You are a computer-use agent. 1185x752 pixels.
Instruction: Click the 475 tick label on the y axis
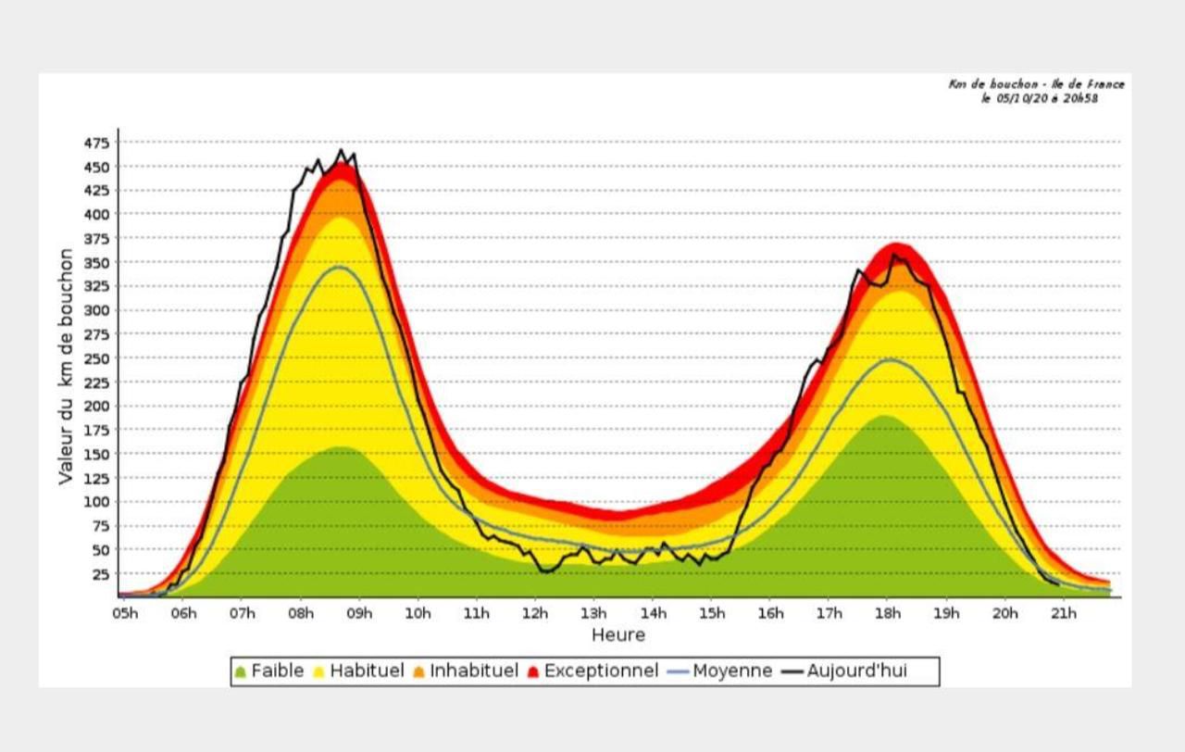coord(97,143)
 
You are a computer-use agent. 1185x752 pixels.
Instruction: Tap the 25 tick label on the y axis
coord(101,574)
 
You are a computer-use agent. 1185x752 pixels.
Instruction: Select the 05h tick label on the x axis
coord(125,613)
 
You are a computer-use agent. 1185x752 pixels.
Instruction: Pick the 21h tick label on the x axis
coord(1064,613)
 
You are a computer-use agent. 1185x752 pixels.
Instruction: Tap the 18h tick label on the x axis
coord(888,613)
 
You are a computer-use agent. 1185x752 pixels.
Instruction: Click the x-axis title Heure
coord(618,635)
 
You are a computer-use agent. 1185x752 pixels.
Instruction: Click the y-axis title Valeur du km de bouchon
coord(66,366)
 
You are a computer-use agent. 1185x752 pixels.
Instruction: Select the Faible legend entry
coord(269,671)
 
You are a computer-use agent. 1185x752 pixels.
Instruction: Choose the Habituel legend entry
coord(358,671)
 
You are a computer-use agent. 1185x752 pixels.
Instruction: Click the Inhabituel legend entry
coord(466,671)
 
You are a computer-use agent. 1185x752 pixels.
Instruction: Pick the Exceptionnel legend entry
coord(593,671)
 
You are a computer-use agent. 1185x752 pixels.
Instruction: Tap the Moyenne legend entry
coord(720,671)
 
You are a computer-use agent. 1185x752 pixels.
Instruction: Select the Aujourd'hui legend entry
coord(844,671)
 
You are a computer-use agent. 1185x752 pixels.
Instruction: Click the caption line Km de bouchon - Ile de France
coord(1036,84)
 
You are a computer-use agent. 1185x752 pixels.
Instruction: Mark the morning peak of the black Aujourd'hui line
coord(341,150)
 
